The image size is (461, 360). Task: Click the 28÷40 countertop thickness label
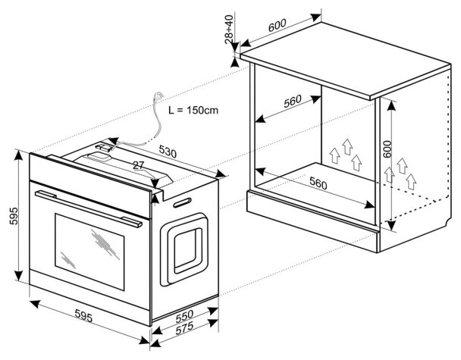point(229,29)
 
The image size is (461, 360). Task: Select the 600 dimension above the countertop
point(277,25)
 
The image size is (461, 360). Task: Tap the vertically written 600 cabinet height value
point(387,149)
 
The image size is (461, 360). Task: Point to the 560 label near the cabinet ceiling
point(293,101)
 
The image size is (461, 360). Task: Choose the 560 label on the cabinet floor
point(318,183)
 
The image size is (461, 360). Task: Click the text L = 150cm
point(193,110)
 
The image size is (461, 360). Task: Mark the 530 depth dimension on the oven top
point(168,152)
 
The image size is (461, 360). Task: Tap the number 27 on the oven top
point(139,165)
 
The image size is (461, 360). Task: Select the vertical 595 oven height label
point(14,216)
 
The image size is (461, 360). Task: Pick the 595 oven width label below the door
point(84,315)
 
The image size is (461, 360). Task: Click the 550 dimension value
point(184,316)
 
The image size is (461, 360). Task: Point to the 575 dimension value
point(184,328)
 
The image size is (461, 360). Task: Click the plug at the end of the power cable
point(158,95)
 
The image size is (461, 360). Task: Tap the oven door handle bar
point(88,208)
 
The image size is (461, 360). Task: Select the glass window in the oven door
point(89,252)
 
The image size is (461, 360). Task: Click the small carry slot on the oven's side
point(182,202)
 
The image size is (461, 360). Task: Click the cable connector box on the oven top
point(104,146)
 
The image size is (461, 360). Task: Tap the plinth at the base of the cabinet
point(312,221)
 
